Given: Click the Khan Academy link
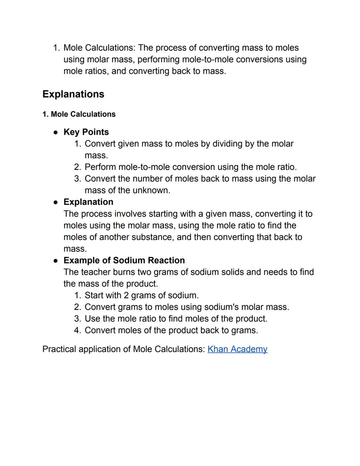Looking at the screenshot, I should coord(237,349).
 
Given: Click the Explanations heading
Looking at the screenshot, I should coord(73,94).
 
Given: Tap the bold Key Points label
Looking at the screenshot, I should coord(86,132).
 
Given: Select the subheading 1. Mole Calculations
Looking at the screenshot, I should coord(79,114).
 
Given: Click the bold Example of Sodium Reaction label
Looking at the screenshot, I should coord(124,260).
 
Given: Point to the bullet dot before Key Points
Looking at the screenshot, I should coord(56,132).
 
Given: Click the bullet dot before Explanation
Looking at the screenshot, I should coord(56,202).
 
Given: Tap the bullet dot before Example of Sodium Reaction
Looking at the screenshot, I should coord(56,261).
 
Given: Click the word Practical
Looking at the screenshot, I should coord(59,349).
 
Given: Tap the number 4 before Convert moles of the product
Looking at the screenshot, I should coord(77,330).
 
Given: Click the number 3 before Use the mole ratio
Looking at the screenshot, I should coord(77,319).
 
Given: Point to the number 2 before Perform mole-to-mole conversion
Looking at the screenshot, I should coord(77,167).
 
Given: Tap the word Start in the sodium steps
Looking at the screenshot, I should coord(95,295).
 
